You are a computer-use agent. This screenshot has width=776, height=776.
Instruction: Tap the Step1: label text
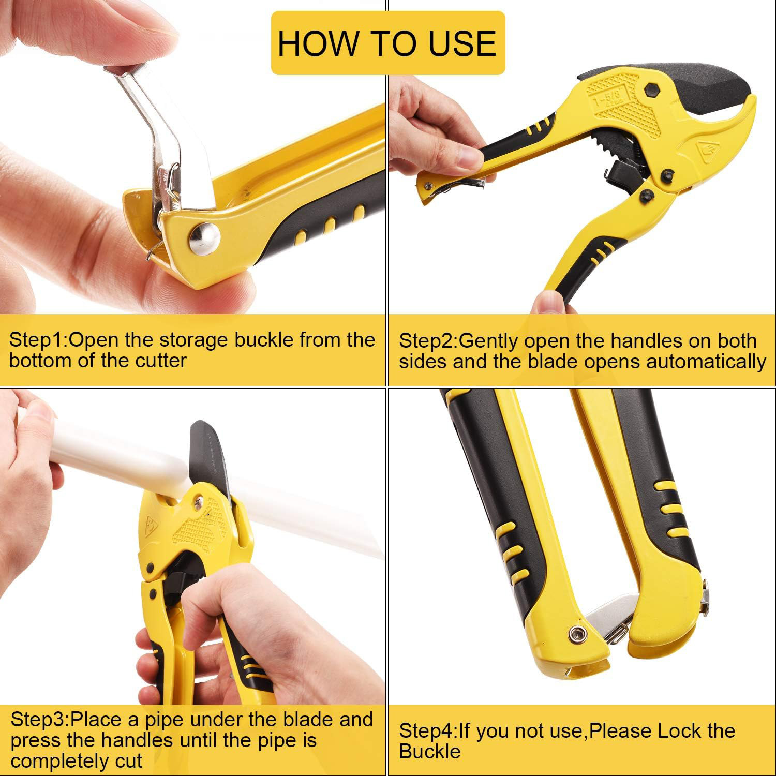click(38, 340)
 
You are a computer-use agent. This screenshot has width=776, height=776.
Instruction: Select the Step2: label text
click(428, 341)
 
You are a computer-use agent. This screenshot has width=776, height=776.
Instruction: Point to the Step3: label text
click(40, 720)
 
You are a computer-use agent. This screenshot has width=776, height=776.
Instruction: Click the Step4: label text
click(428, 731)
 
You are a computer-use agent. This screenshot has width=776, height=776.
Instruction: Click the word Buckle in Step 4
click(429, 751)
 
